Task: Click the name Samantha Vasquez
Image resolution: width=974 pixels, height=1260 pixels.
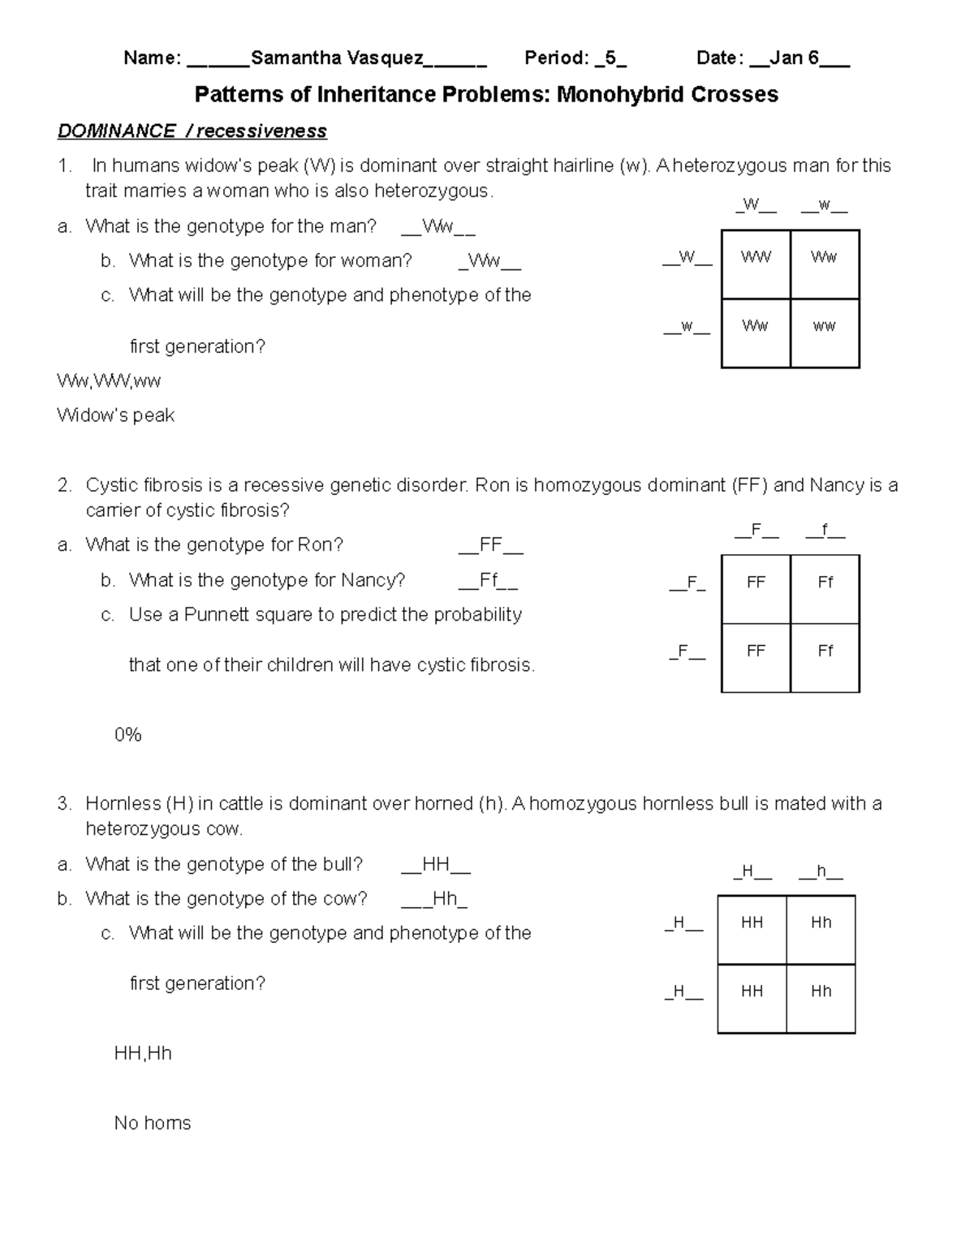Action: click(337, 58)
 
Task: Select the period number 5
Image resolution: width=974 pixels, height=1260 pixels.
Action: click(610, 58)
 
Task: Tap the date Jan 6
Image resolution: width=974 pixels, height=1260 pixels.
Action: click(794, 58)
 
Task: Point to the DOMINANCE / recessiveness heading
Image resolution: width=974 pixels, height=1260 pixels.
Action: click(192, 131)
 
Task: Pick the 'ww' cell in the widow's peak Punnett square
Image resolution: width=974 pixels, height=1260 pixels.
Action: click(825, 326)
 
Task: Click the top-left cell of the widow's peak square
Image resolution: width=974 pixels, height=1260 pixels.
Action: click(756, 257)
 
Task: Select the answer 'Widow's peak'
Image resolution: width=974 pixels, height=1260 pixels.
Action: click(116, 415)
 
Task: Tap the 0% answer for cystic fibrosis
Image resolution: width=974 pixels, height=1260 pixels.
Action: click(128, 735)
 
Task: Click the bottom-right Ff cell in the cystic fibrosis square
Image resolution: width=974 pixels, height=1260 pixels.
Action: click(825, 651)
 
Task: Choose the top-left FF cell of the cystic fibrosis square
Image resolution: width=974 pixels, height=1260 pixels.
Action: click(756, 583)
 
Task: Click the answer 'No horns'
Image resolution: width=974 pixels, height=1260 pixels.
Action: click(153, 1123)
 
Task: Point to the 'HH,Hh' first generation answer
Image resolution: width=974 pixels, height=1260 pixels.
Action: click(143, 1053)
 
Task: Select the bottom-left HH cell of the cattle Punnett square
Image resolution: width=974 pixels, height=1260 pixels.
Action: click(752, 991)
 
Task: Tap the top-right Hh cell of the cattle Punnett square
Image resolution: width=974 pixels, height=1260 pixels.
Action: click(821, 922)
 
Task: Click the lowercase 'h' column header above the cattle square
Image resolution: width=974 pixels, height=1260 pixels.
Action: click(821, 872)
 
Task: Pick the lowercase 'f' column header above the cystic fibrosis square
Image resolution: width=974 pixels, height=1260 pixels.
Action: click(825, 531)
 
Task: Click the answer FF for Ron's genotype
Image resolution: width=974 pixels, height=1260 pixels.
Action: click(491, 545)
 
